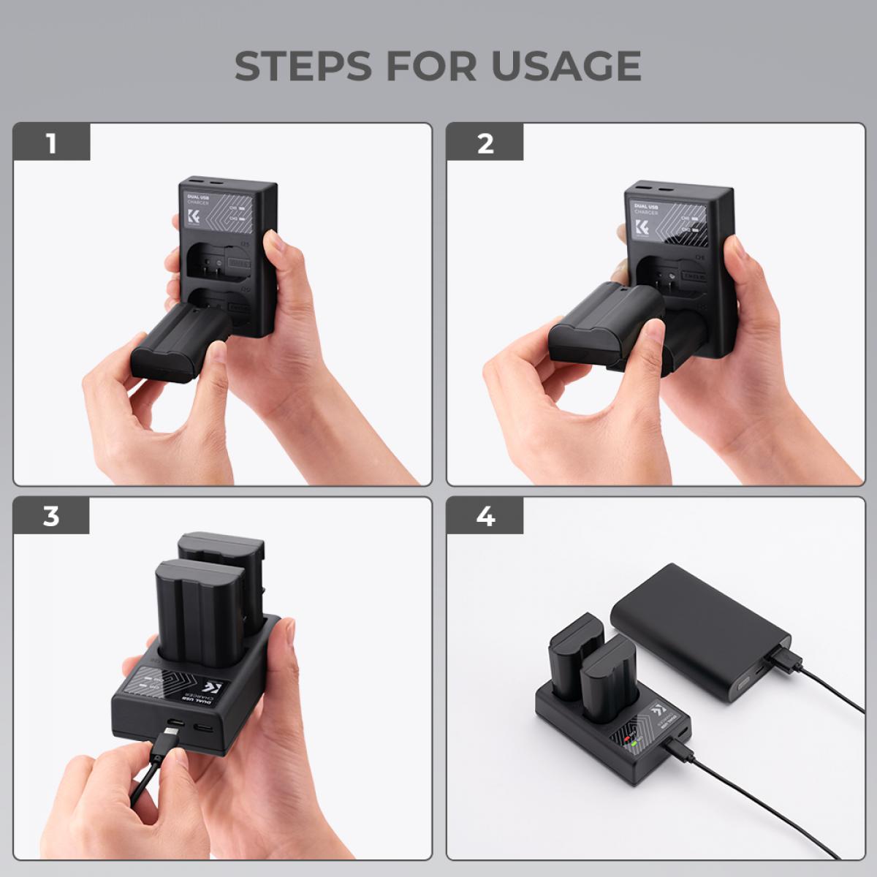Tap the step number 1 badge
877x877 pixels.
[x=50, y=143]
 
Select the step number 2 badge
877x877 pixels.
[x=485, y=143]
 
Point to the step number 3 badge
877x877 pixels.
[x=50, y=516]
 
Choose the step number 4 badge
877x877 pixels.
[x=485, y=516]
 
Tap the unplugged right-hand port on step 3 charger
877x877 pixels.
[x=203, y=727]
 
